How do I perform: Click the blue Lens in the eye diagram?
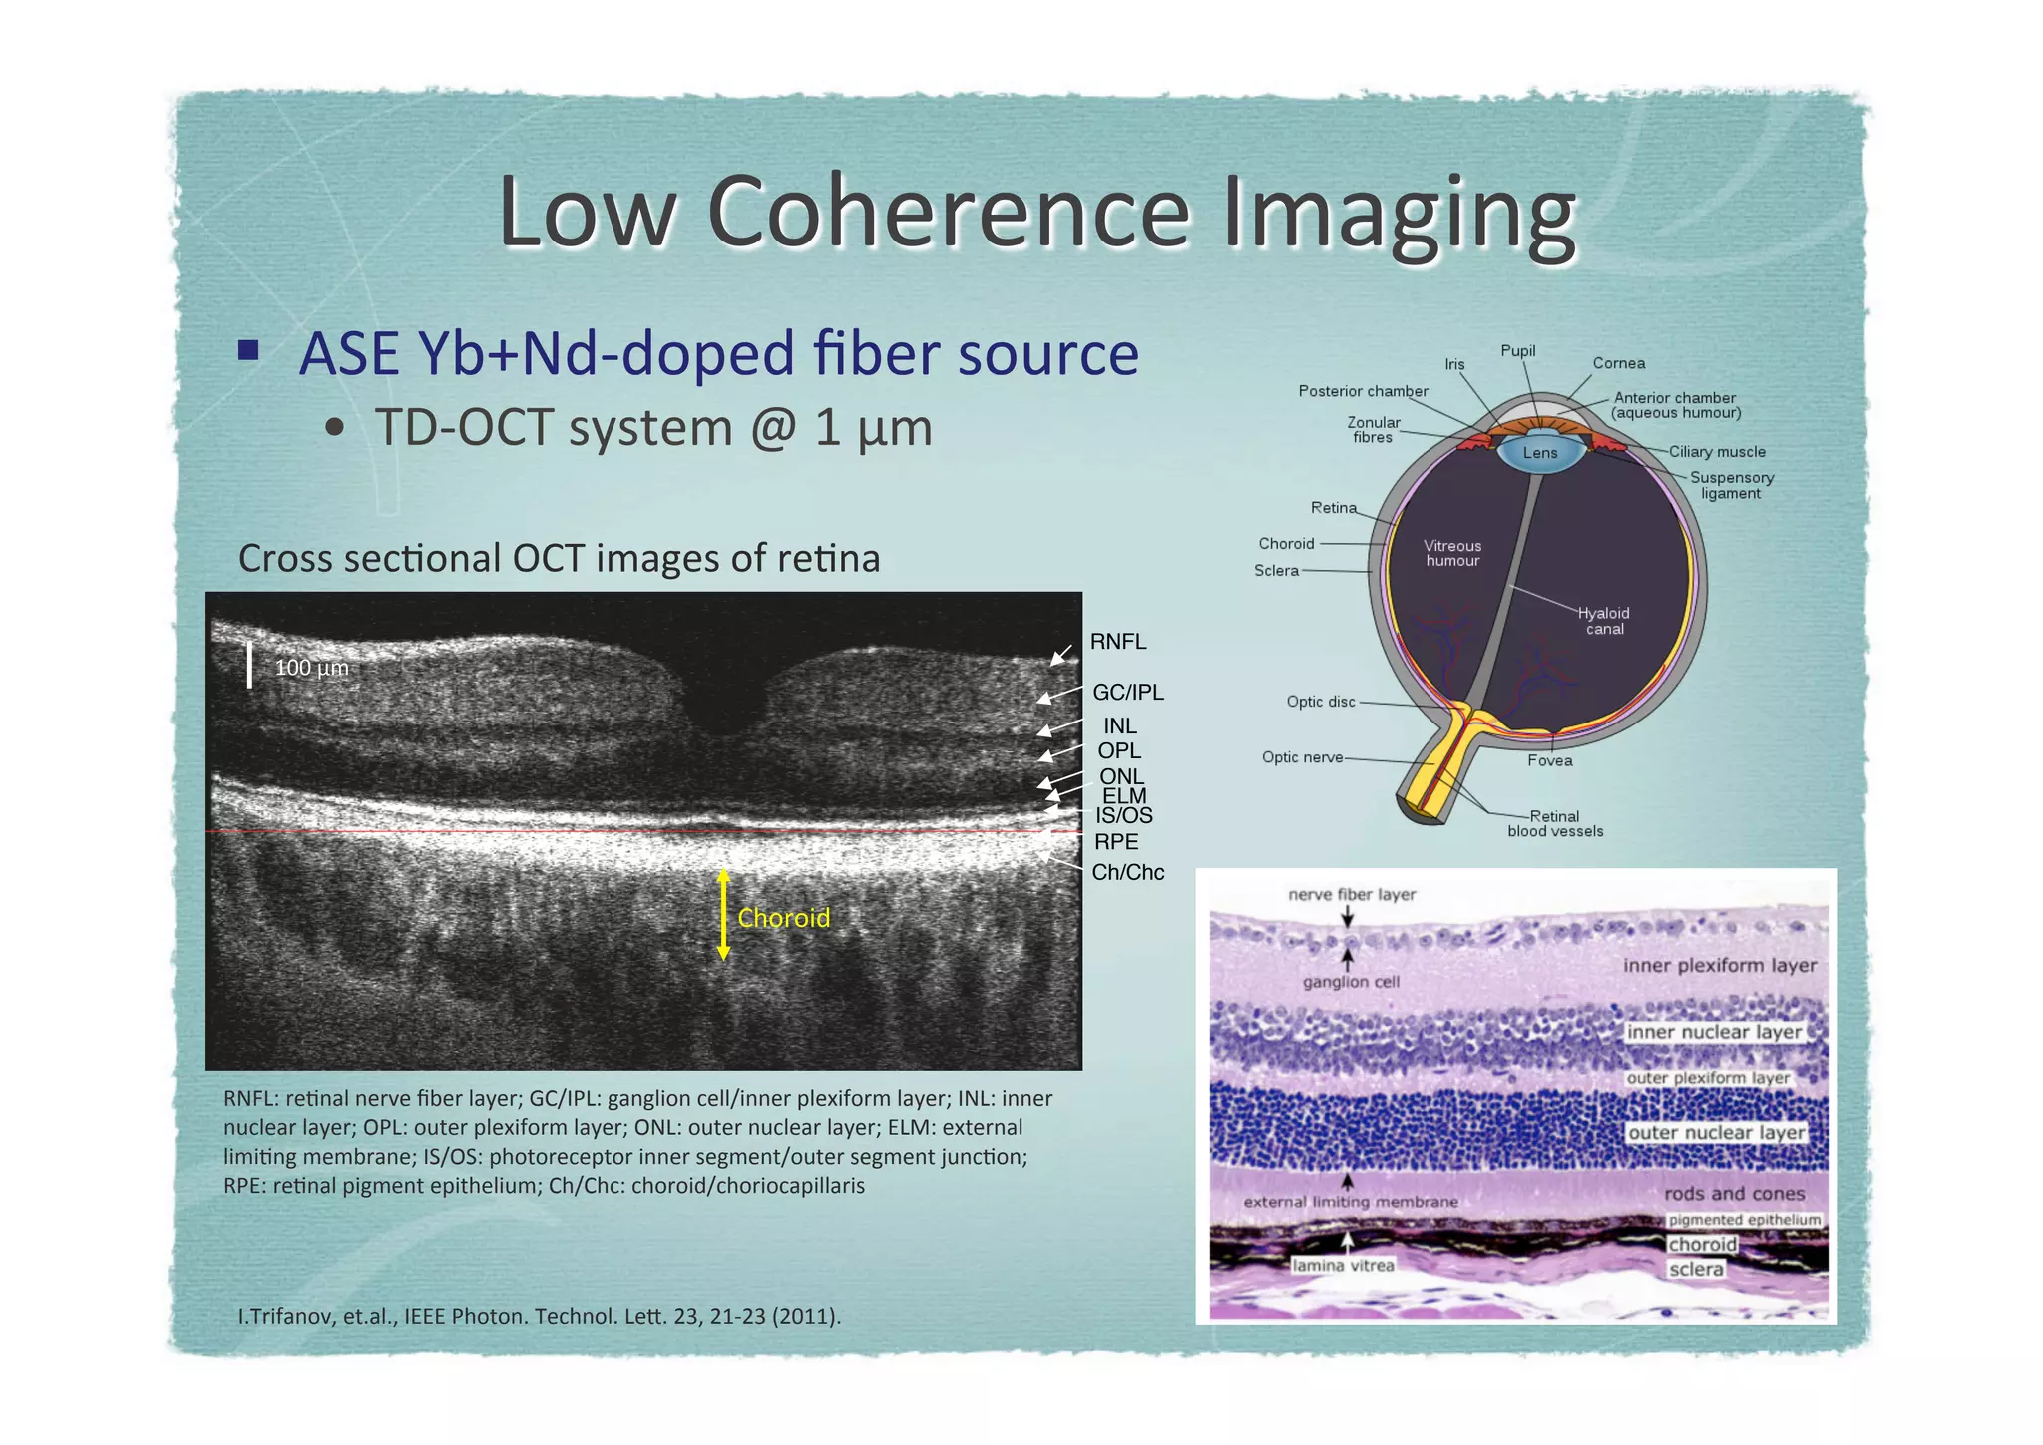coord(1539,453)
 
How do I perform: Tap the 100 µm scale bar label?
coord(311,668)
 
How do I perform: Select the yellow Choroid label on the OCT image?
coord(783,918)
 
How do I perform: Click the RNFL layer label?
coord(1117,642)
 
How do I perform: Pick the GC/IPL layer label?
coord(1127,693)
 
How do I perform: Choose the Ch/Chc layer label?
coord(1127,872)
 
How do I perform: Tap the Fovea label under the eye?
coord(1549,761)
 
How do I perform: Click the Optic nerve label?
coord(1302,757)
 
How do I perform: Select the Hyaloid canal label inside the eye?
coord(1603,621)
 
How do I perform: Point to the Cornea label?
coord(1618,363)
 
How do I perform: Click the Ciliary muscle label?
coord(1716,452)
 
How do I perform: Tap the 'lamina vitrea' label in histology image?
coord(1343,1266)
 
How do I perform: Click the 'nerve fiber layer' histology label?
coord(1352,895)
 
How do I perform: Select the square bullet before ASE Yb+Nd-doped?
coord(248,351)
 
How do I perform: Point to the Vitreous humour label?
coord(1451,553)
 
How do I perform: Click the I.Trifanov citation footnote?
coord(539,1316)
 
